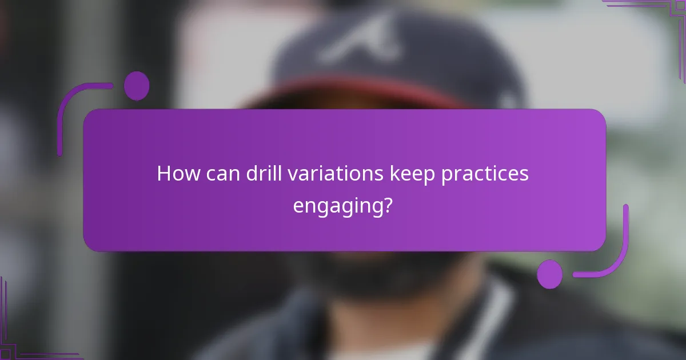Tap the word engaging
[337, 206]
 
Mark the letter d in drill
[252, 174]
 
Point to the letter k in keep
[394, 174]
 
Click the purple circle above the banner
[137, 86]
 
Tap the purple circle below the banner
[549, 274]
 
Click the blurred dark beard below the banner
[366, 274]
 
